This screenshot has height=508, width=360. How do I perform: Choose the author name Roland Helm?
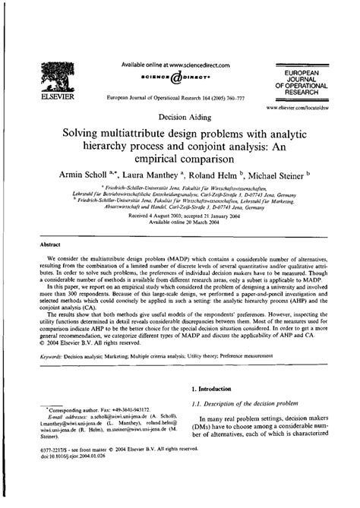tap(227, 175)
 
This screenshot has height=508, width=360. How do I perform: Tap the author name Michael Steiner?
tap(291, 175)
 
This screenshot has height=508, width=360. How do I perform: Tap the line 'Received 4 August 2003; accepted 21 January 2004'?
tap(179, 216)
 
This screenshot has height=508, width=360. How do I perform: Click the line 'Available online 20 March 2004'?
tap(179, 222)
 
